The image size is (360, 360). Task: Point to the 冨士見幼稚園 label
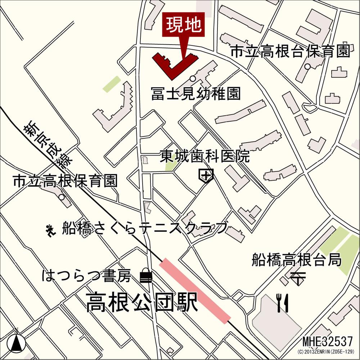195,94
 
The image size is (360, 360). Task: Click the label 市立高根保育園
65,181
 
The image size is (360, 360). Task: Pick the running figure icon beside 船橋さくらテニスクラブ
50,229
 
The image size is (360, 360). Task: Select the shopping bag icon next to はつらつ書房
146,276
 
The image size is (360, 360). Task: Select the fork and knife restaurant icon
282,302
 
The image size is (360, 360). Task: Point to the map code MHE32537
328,341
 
